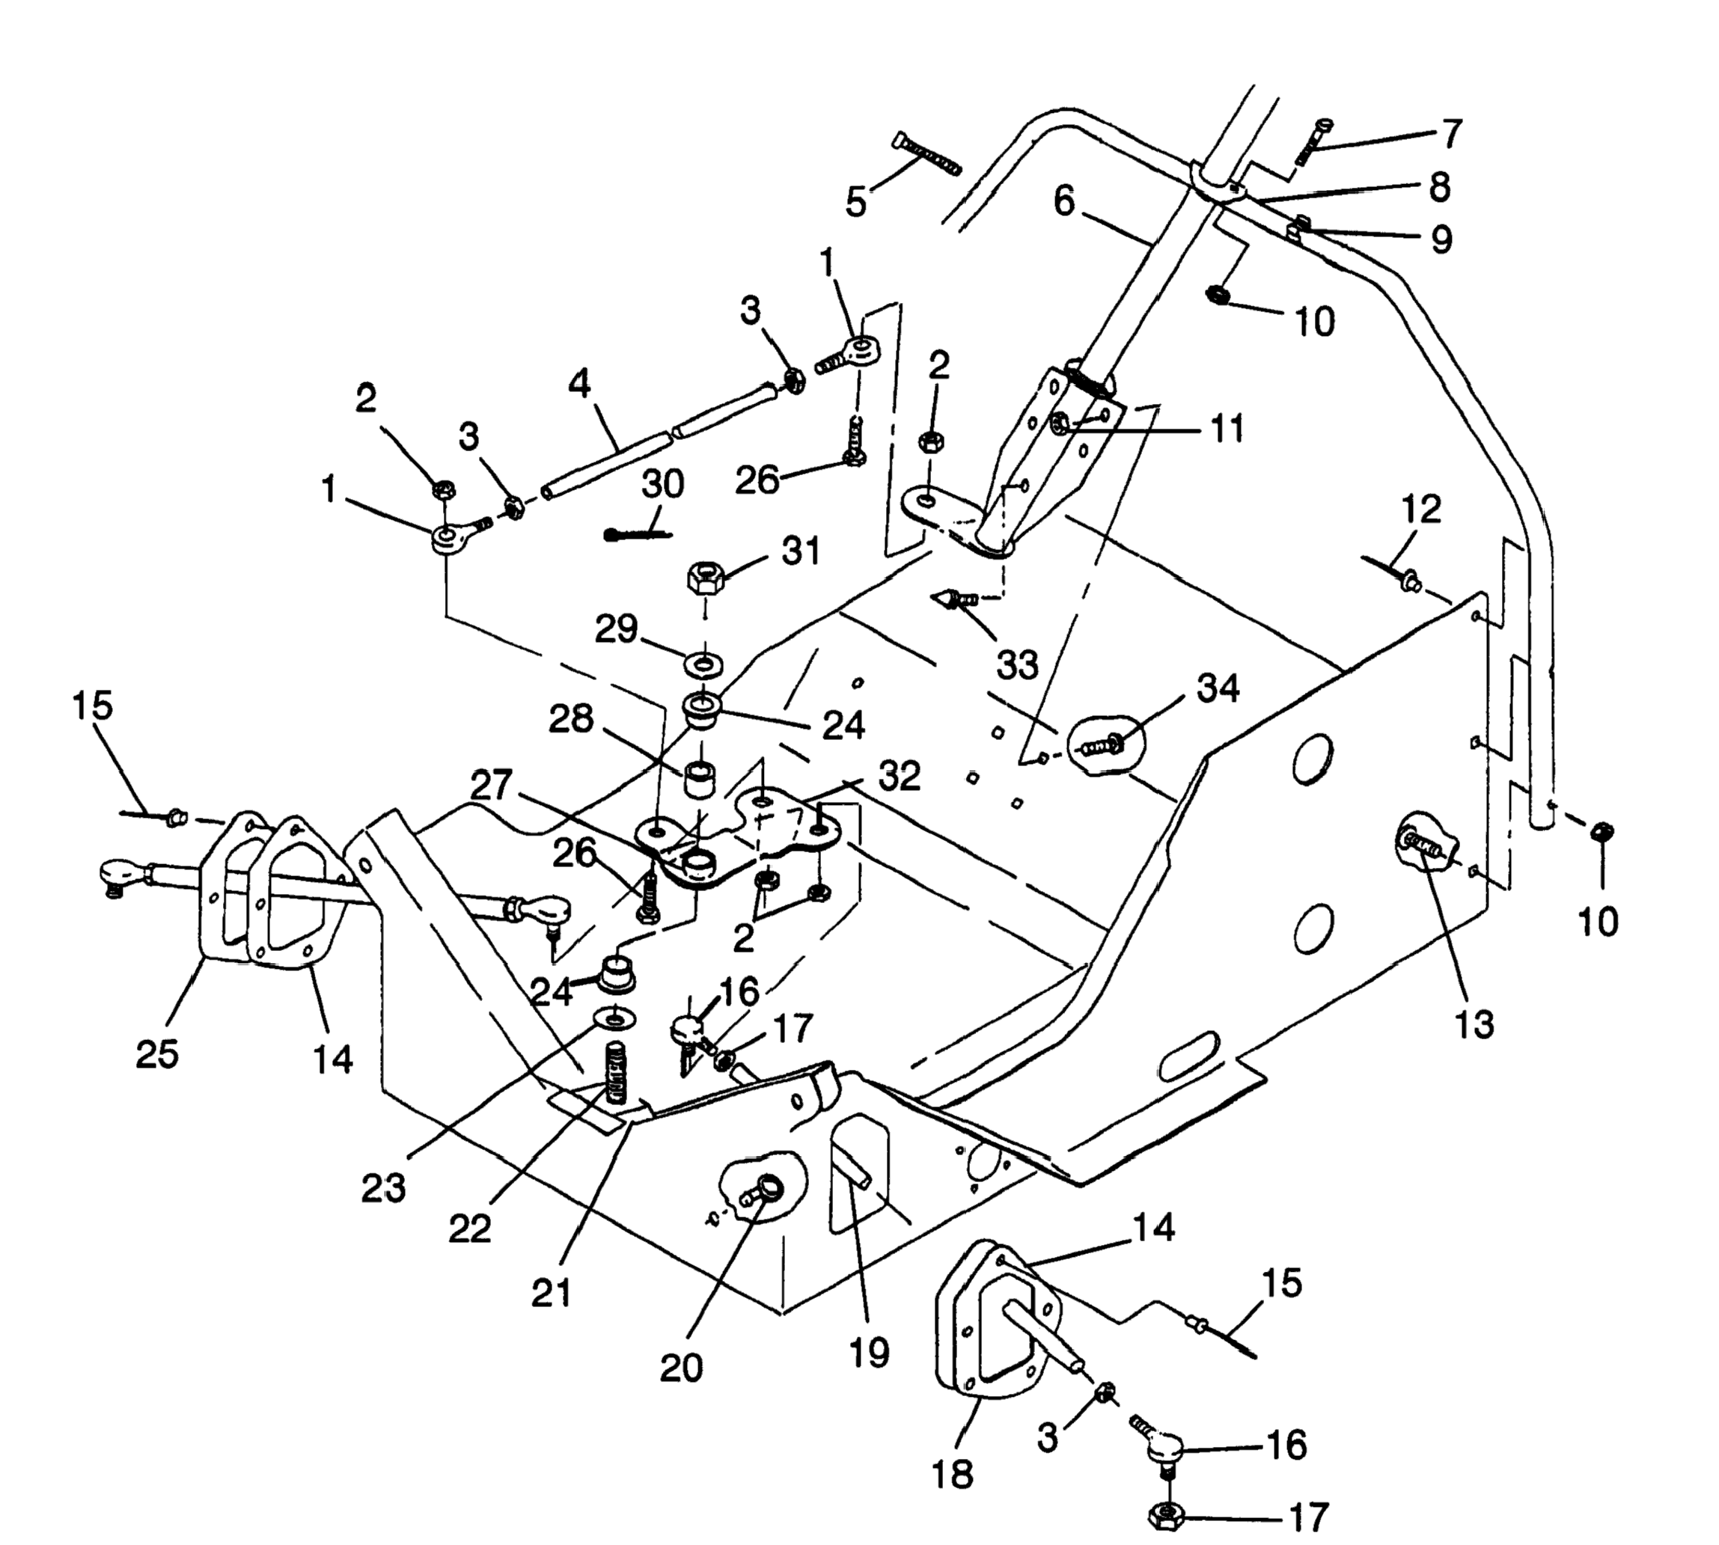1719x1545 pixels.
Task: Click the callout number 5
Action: pos(855,201)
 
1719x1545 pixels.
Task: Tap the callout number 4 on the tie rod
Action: pos(579,385)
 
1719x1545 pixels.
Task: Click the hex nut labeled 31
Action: pos(703,581)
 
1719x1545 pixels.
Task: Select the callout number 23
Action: pos(383,1188)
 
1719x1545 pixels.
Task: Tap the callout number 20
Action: pos(682,1368)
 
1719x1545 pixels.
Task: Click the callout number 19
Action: pos(868,1350)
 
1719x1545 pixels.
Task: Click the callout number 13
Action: pos(1474,1024)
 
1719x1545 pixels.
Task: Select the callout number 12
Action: pos(1421,510)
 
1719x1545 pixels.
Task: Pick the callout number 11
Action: pos(1227,429)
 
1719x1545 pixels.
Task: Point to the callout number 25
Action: pos(157,1053)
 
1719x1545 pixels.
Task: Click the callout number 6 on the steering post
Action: pos(1063,201)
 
